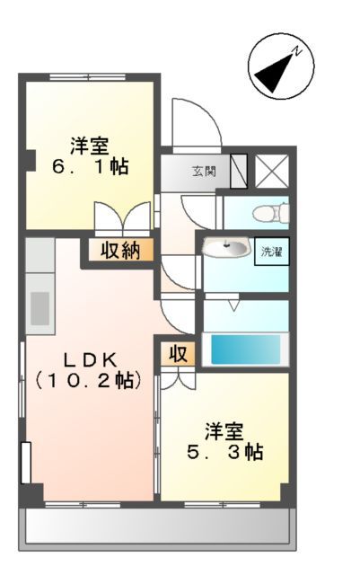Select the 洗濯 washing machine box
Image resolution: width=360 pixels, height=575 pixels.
tap(270, 251)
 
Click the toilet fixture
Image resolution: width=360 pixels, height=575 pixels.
tap(270, 214)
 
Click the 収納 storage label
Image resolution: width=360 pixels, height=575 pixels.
tap(119, 251)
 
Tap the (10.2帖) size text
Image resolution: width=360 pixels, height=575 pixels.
tap(88, 380)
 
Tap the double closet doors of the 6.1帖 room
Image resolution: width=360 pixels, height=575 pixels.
tap(121, 218)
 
